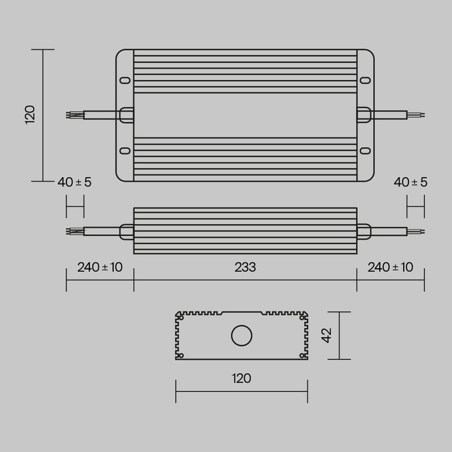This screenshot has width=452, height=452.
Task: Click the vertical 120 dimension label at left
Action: tap(31, 114)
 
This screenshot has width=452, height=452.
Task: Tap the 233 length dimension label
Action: tap(245, 267)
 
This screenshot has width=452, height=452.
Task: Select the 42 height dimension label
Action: tap(328, 335)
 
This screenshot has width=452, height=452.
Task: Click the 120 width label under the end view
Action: tap(241, 378)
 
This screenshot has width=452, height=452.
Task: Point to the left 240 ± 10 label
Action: tap(99, 267)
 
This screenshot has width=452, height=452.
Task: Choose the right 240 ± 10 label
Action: tap(390, 267)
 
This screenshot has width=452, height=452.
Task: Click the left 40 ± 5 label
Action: tap(75, 182)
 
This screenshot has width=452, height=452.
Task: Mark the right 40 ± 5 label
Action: tap(411, 182)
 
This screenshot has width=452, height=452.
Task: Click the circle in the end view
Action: tap(241, 336)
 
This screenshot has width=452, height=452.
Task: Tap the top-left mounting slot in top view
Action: tap(125, 80)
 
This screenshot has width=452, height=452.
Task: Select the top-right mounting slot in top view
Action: tap(365, 80)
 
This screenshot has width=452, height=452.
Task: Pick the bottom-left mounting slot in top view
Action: tap(125, 151)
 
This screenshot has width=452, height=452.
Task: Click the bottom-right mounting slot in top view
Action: tap(365, 151)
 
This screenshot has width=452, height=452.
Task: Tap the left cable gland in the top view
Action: tap(127, 115)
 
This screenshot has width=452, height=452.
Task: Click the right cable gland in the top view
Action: tap(364, 115)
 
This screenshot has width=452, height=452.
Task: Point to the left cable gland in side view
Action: tap(127, 231)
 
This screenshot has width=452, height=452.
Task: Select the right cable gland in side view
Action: tap(364, 231)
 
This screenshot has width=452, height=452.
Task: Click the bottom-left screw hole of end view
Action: tap(181, 355)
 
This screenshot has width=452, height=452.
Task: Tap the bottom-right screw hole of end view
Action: tap(303, 355)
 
